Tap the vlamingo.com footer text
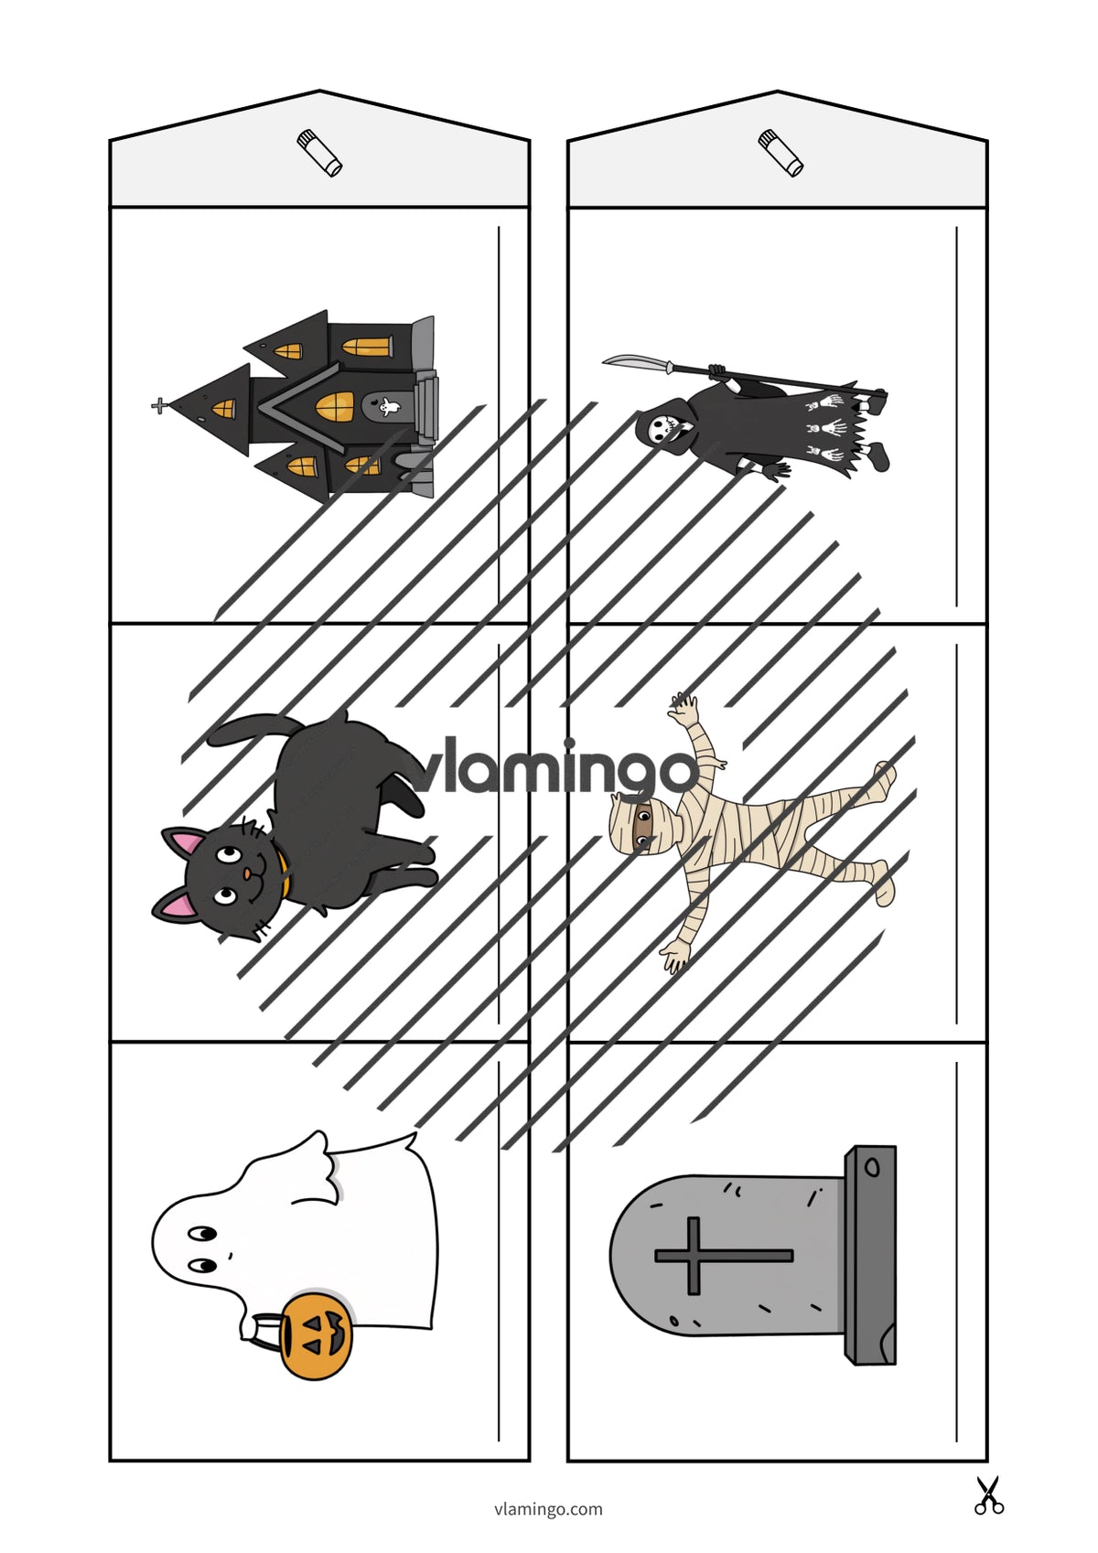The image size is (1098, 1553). [x=548, y=1508]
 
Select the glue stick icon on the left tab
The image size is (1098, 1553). [x=319, y=153]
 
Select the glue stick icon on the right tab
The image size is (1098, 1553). [x=780, y=153]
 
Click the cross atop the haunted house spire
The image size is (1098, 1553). [x=160, y=406]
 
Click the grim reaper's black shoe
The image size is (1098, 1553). [x=879, y=456]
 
